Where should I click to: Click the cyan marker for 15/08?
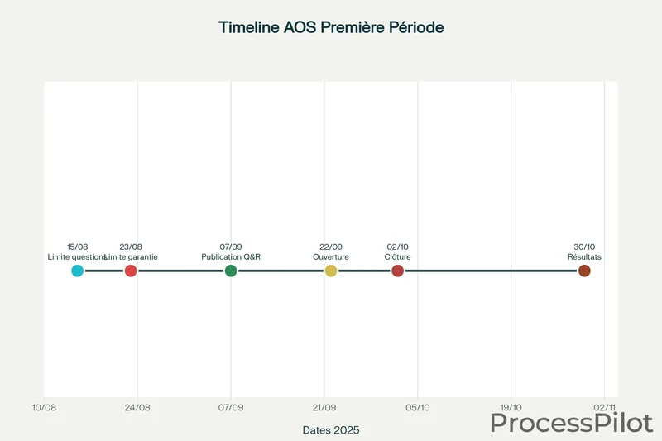point(78,271)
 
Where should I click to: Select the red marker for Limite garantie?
point(131,271)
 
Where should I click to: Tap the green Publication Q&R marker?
point(231,271)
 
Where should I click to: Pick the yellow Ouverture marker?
point(331,271)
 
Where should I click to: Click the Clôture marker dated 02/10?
point(397,271)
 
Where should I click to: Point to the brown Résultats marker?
point(584,271)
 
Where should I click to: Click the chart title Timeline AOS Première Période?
point(331,27)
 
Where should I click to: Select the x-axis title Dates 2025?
point(331,430)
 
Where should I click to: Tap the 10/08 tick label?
point(44,407)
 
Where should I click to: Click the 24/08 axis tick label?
point(137,407)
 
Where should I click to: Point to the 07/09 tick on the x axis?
point(231,407)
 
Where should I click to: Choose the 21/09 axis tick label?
point(324,407)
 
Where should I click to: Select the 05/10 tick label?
point(418,407)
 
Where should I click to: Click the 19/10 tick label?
point(511,407)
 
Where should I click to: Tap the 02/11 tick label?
point(605,407)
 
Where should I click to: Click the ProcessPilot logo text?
point(572,422)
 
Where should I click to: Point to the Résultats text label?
point(584,257)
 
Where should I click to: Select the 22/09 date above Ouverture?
point(331,247)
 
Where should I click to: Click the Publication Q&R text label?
point(231,257)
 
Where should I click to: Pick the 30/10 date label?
point(584,247)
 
